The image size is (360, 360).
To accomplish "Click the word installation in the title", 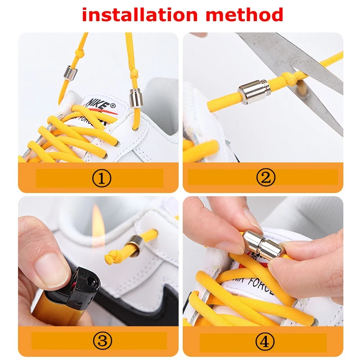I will point(135,15).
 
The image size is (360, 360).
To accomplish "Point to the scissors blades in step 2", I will point(288,58).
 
